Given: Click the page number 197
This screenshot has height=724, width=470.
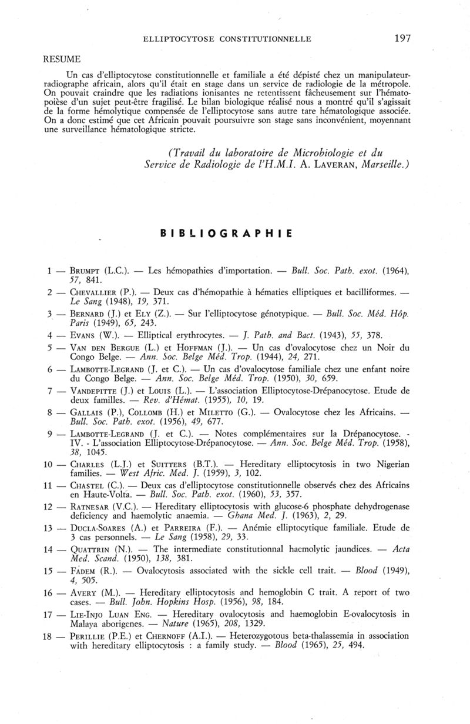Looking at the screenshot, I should [402, 39].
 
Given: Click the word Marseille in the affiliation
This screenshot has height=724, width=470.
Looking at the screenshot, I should [381, 166].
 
